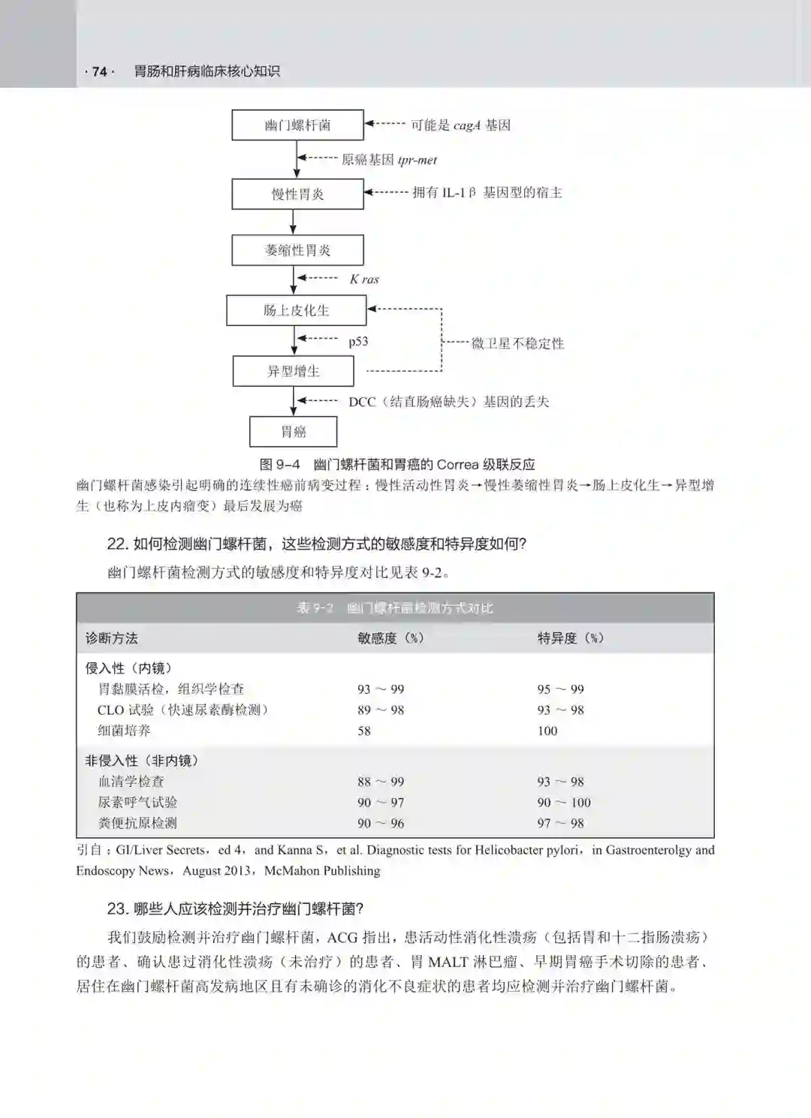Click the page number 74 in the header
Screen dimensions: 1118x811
click(99, 72)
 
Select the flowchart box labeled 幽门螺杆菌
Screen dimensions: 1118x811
click(297, 125)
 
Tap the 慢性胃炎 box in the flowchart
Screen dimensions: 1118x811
click(297, 194)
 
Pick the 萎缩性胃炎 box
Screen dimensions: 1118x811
click(297, 250)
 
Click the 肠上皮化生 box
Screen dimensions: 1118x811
click(296, 310)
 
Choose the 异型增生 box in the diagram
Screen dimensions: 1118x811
click(293, 371)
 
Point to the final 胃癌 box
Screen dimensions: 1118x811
click(293, 432)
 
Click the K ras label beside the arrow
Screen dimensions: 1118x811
click(364, 279)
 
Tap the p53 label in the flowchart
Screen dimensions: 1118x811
click(358, 342)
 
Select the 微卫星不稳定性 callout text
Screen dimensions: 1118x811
click(517, 344)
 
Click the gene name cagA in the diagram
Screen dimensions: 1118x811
click(466, 125)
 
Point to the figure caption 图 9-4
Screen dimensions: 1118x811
click(279, 465)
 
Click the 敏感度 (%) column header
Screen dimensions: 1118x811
click(390, 638)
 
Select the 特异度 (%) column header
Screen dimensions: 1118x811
click(570, 638)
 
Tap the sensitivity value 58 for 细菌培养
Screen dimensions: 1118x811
click(364, 731)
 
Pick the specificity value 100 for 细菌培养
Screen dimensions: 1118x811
click(547, 731)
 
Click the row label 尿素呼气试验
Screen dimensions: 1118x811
click(137, 802)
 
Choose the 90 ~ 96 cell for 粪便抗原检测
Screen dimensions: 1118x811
click(381, 823)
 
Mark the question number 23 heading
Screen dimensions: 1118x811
click(117, 909)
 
